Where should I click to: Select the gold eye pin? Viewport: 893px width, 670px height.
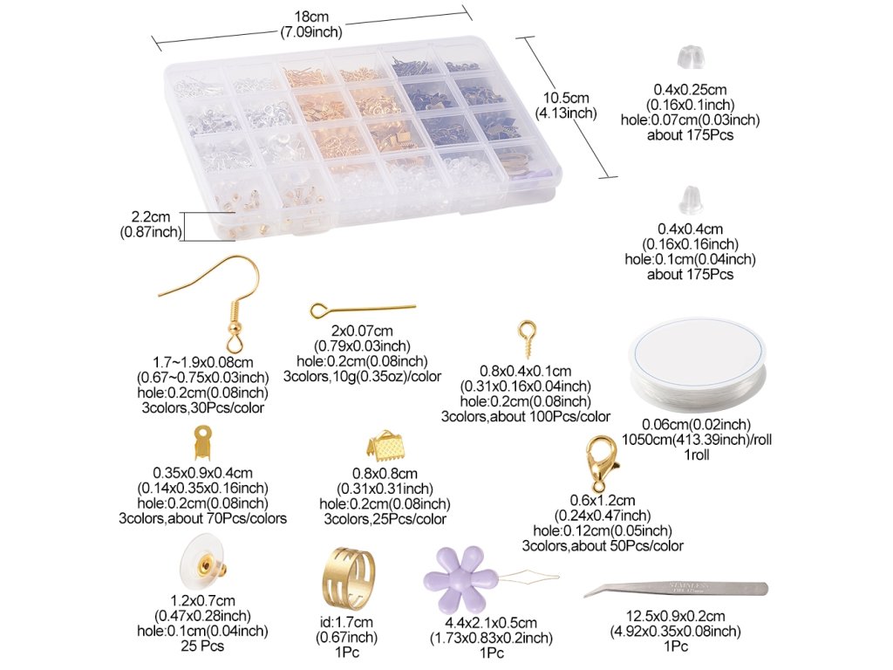point(363,310)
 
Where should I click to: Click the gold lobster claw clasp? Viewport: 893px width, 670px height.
point(600,463)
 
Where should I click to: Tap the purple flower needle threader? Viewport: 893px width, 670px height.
point(455,578)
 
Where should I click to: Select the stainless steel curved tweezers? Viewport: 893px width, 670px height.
point(676,589)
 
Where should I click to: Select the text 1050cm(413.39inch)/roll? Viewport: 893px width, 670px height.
point(697,440)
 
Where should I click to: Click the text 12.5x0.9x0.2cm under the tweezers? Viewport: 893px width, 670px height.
point(676,616)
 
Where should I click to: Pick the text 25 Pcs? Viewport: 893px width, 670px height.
point(202,646)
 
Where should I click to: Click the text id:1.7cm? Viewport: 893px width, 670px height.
point(346,622)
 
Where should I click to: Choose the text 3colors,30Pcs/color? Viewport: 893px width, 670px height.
point(202,408)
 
